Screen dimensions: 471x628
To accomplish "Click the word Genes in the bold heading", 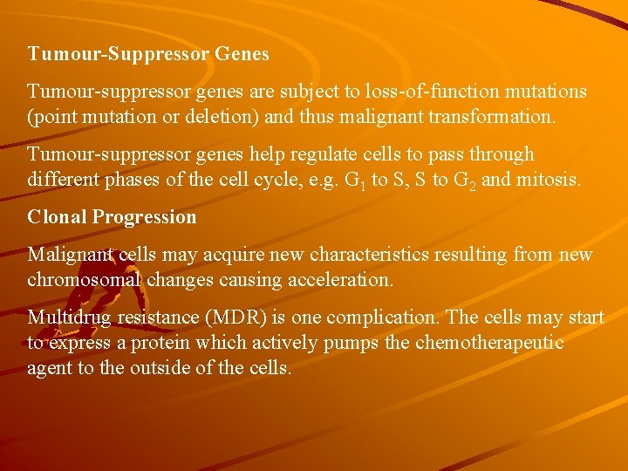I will click(x=242, y=54).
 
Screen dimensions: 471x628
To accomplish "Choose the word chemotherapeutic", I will click(x=489, y=342).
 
